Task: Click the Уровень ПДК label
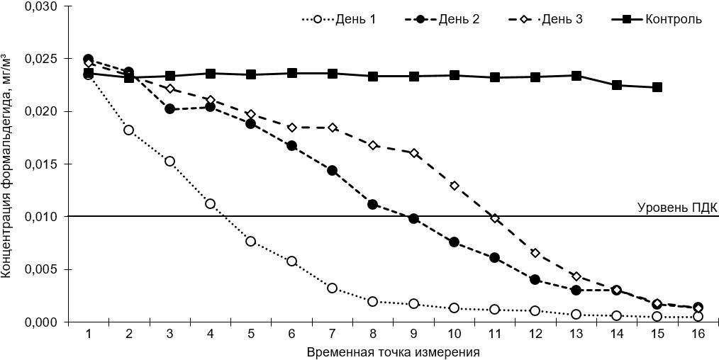tap(678, 208)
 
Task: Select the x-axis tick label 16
tap(698, 334)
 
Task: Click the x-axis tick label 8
tap(373, 334)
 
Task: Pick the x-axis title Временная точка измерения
tap(394, 351)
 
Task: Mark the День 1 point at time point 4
tap(211, 203)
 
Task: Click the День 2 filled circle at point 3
tap(170, 109)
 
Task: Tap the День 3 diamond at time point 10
tap(455, 186)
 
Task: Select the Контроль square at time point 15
tap(657, 87)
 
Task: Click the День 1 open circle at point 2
tap(129, 130)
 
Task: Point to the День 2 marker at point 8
tap(373, 204)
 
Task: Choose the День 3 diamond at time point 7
tap(333, 128)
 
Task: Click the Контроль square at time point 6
tap(292, 73)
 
